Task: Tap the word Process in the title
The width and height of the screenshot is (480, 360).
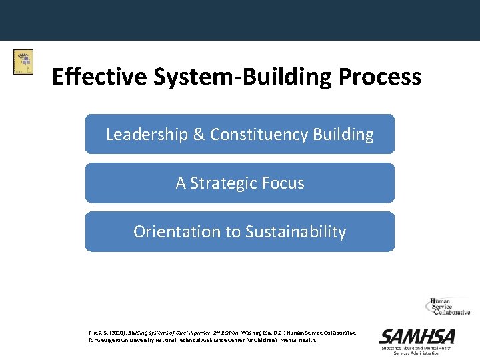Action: click(380, 77)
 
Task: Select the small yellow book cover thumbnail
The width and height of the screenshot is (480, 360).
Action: click(23, 62)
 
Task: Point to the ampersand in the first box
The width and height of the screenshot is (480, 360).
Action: click(199, 134)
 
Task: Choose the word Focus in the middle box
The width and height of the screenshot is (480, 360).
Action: click(283, 183)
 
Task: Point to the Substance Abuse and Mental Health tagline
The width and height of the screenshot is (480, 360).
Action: click(417, 349)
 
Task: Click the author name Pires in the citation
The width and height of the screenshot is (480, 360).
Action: click(96, 333)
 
